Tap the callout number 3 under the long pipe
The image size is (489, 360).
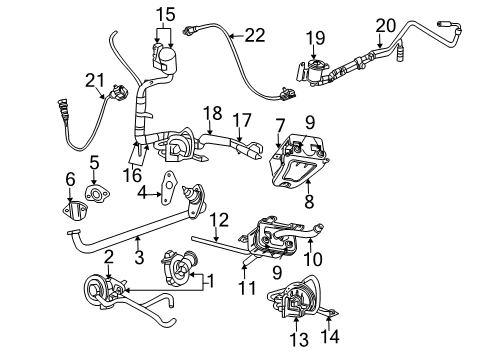click(x=140, y=258)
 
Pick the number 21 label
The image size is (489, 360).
click(x=95, y=79)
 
